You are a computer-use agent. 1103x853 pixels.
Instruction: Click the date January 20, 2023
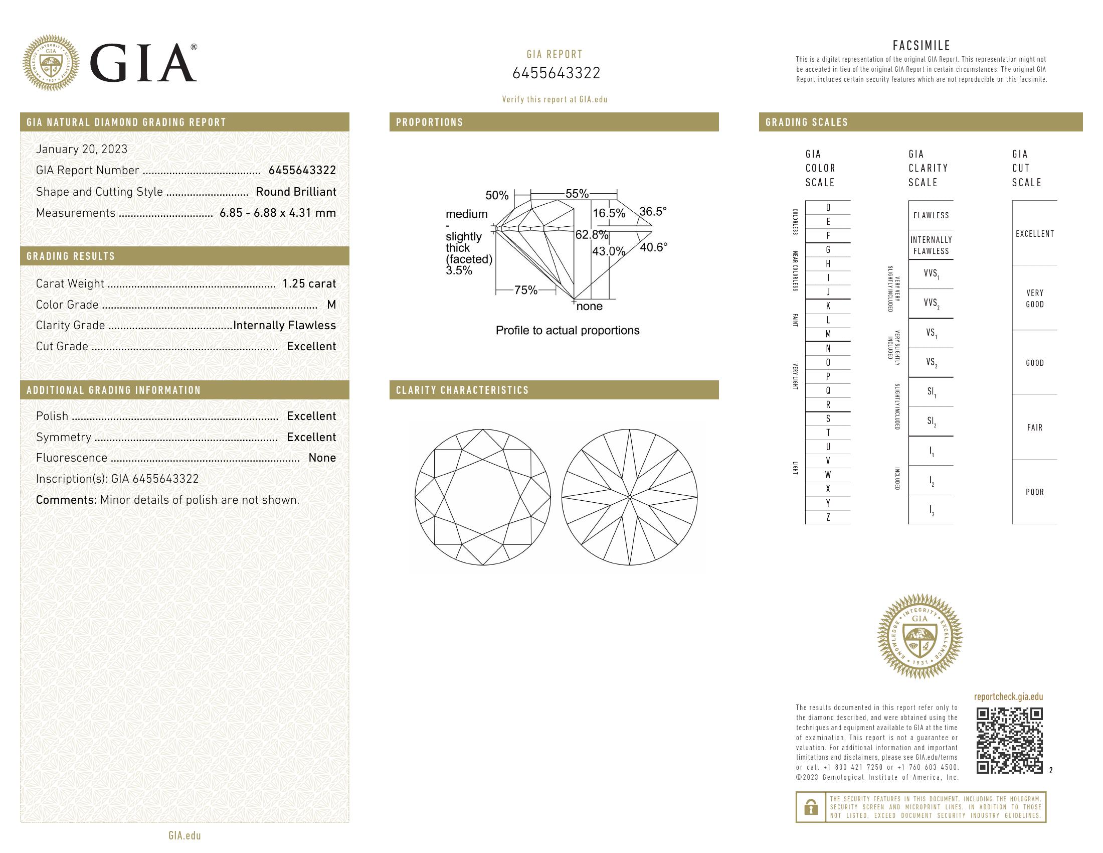(x=81, y=149)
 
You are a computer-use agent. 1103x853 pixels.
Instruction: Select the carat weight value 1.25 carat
(x=308, y=283)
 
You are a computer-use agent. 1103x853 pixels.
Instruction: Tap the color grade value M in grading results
(x=331, y=305)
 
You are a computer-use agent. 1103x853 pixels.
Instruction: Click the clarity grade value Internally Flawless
(x=284, y=326)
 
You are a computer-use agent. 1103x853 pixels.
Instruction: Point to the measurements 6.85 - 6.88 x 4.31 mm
(x=277, y=213)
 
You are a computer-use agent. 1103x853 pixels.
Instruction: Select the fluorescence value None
(x=322, y=458)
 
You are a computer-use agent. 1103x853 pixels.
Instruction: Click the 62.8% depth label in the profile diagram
(x=592, y=234)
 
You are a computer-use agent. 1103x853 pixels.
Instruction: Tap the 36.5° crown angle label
(x=652, y=211)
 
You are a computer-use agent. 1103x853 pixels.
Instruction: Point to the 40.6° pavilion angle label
(x=653, y=247)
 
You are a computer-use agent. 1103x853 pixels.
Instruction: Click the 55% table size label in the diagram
(x=577, y=194)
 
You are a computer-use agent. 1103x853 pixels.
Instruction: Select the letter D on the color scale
(x=828, y=208)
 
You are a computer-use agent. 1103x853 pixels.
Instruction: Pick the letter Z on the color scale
(x=828, y=517)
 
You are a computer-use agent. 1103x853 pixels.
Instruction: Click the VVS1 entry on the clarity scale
(x=931, y=274)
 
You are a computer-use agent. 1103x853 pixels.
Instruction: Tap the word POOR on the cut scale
(x=1034, y=492)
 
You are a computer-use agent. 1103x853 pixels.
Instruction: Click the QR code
(x=1009, y=741)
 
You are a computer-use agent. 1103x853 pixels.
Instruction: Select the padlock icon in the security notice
(x=811, y=807)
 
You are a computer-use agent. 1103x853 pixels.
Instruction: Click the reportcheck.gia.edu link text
(x=1008, y=697)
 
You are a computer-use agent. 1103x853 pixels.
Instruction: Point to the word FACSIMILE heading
(x=921, y=46)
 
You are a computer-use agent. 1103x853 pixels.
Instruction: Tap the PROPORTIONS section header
(x=430, y=122)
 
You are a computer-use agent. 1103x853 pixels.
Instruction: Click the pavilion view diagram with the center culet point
(x=629, y=497)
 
